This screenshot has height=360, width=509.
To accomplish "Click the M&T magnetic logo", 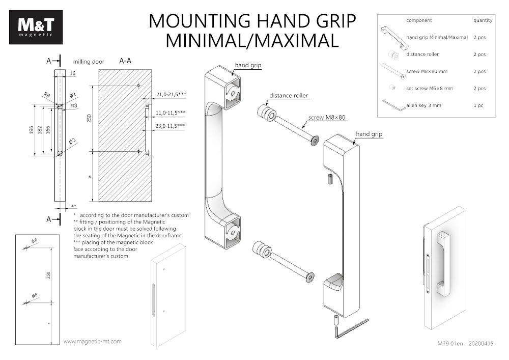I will point(36,27).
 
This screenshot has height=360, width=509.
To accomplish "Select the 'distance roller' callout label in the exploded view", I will point(289,96).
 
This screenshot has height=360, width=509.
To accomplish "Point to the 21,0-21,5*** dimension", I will point(171,95).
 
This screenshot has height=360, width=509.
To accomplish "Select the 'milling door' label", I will point(89,62).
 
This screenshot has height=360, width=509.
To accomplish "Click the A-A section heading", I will point(125,61).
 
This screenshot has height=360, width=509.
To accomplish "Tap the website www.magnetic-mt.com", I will point(93,341).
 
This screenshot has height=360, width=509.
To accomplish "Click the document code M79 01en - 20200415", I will point(465,343).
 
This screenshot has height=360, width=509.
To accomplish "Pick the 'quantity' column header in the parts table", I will point(483,20).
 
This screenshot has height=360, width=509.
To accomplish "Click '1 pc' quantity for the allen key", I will point(478,105).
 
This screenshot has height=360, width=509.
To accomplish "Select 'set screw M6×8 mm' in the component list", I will point(430,89).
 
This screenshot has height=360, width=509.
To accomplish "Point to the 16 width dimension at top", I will point(72,74).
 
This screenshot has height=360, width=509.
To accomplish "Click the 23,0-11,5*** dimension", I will point(171,125).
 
